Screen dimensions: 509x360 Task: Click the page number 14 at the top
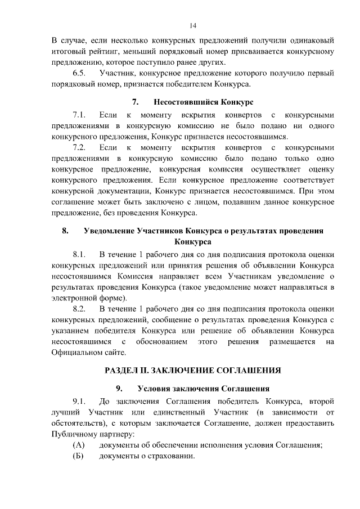[192, 25]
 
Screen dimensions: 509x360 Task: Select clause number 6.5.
[79, 74]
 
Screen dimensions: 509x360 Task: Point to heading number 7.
[135, 102]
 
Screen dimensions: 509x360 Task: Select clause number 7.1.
[79, 115]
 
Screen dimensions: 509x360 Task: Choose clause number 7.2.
[79, 147]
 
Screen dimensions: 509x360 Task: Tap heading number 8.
[65, 231]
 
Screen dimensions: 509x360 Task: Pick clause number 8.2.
[79, 309]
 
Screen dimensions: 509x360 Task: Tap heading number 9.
[120, 389]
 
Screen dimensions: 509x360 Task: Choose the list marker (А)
[79, 445]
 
